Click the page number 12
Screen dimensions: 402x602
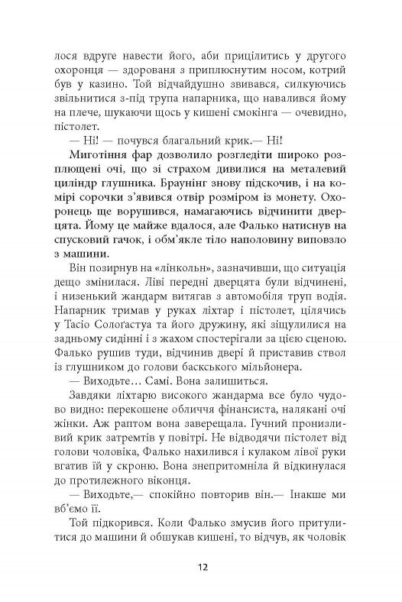point(201,567)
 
